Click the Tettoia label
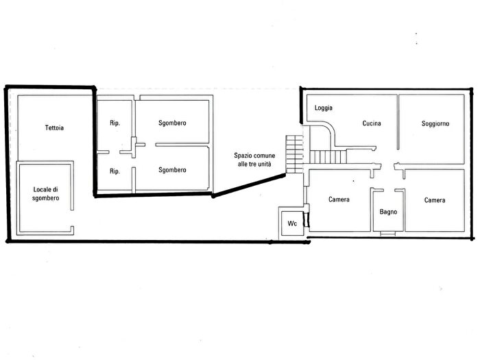[x=54, y=128]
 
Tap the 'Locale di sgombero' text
[x=46, y=194]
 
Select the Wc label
[x=292, y=224]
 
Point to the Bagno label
[x=388, y=212]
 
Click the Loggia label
[x=324, y=108]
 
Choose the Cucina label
[x=372, y=123]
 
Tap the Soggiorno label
[x=435, y=123]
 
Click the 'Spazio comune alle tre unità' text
[x=254, y=160]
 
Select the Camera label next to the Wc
[x=339, y=200]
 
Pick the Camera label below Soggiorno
[x=435, y=200]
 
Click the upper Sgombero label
[x=172, y=123]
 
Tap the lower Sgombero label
[x=172, y=170]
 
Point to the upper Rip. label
[x=115, y=123]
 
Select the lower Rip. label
[x=115, y=171]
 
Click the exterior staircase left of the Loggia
[x=294, y=154]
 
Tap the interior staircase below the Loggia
[x=328, y=156]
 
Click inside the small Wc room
[x=292, y=224]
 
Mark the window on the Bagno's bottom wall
[x=388, y=234]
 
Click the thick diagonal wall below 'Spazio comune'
[x=248, y=186]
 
